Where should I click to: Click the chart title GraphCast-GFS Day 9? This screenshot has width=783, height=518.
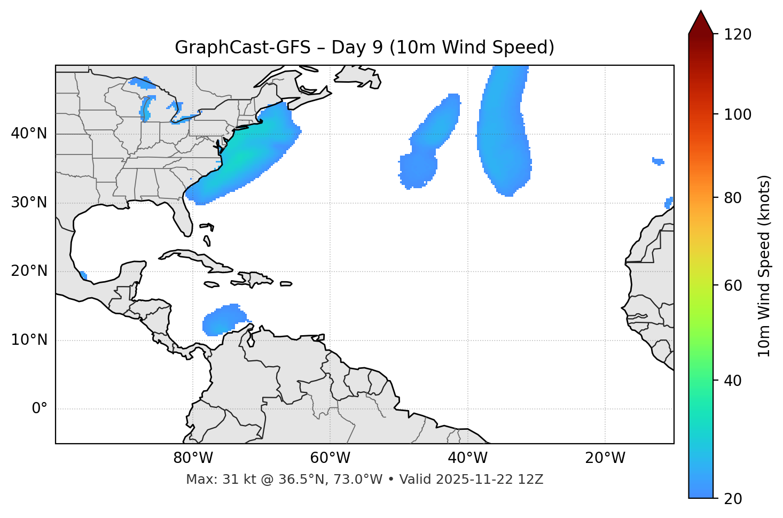point(364,48)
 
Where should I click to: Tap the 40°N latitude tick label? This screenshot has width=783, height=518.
point(29,134)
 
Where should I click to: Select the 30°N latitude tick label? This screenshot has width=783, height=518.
point(29,203)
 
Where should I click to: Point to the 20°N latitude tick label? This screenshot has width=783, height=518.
point(29,271)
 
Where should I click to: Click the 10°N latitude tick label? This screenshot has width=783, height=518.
point(29,340)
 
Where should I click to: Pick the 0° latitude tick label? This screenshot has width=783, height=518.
point(39,409)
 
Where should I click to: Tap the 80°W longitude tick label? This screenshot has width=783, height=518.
point(193,458)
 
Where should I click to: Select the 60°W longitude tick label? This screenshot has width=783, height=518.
point(330,458)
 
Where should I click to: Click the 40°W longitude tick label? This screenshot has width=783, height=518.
point(467,458)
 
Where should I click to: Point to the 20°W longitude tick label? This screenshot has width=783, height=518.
point(605,458)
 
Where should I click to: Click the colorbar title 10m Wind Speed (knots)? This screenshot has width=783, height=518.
point(764,266)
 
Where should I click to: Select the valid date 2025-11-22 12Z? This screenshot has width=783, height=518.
point(489,480)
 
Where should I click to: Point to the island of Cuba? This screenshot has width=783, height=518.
point(192,257)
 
